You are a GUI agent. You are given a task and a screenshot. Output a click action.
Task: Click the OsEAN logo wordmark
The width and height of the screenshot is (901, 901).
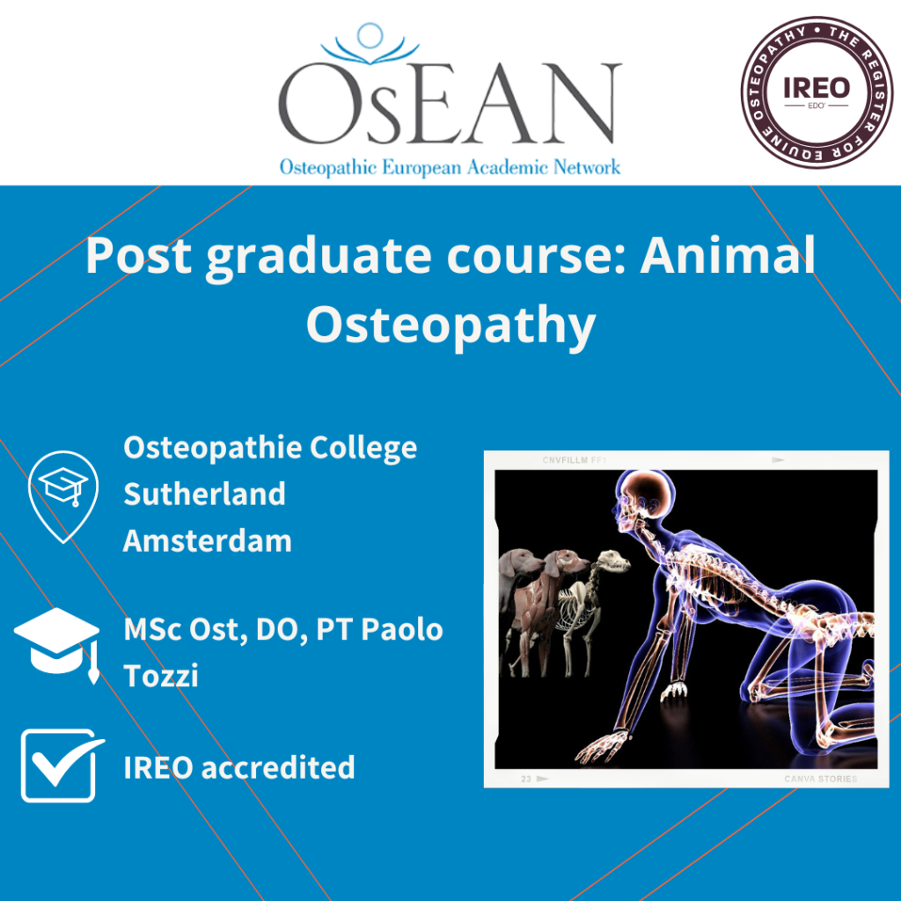click(x=450, y=104)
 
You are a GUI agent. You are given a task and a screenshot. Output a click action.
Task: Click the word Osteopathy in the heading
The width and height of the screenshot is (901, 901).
click(x=450, y=325)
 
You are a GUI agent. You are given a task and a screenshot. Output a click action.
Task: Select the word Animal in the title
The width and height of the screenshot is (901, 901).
click(x=727, y=257)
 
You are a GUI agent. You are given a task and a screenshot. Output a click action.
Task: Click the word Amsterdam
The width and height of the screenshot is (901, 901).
click(x=207, y=540)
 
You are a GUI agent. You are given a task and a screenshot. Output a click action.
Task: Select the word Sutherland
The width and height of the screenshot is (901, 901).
click(x=204, y=494)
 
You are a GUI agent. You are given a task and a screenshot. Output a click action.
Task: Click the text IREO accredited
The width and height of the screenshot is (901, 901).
click(x=239, y=767)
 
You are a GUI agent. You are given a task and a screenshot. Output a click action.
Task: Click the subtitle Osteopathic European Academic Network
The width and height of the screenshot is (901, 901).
click(x=450, y=166)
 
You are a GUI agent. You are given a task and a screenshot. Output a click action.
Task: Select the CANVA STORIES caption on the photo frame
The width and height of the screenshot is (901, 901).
click(x=820, y=779)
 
